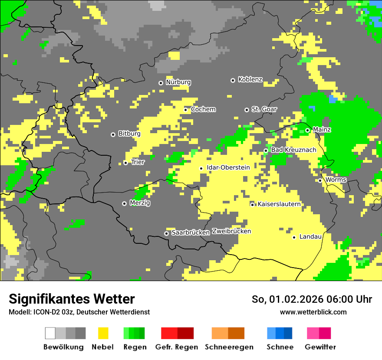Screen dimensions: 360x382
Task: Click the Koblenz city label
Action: coord(250,79)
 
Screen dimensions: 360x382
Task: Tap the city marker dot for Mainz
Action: coord(307,130)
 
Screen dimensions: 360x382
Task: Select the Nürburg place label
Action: coord(178,82)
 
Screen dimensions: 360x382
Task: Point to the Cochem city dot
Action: coord(185,110)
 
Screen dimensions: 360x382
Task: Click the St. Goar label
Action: coord(264,109)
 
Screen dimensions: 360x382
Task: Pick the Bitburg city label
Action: coord(129,134)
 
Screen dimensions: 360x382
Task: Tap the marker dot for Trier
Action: coord(125,163)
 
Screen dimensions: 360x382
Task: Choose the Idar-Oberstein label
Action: coord(228,167)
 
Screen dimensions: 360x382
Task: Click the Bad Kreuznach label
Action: coord(293,150)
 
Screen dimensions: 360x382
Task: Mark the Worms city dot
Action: coord(320,180)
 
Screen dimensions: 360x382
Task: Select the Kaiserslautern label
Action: coord(279,204)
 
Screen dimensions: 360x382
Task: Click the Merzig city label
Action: coord(140,203)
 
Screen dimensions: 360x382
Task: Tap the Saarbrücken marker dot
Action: coord(166,233)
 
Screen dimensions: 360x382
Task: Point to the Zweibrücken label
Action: coord(231,231)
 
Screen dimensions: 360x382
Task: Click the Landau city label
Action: coord(310,236)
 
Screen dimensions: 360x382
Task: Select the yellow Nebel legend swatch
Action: coord(103,333)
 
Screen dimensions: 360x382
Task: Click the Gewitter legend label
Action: coord(320,347)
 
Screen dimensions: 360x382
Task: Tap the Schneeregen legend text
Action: coord(229,347)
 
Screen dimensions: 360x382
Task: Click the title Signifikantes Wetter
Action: coord(72,299)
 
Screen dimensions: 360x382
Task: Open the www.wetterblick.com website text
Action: coord(313,312)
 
